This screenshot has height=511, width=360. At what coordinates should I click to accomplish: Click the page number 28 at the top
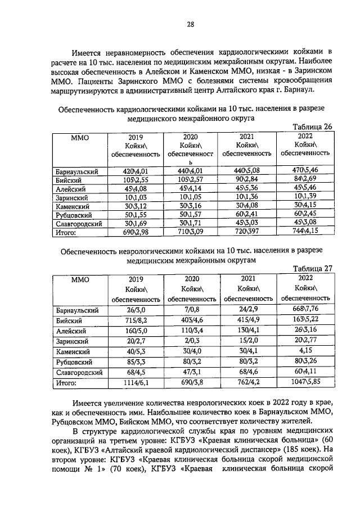click(190, 24)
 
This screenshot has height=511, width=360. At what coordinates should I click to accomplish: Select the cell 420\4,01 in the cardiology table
click(136, 171)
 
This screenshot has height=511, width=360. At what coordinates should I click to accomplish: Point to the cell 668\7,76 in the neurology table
click(305, 309)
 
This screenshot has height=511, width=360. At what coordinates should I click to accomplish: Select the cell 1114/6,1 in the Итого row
click(136, 383)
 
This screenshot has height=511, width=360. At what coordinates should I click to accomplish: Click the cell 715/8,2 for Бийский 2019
click(136, 319)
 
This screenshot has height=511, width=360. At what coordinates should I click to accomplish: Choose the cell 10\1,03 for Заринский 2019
click(136, 197)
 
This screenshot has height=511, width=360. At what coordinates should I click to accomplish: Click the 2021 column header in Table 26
click(247, 137)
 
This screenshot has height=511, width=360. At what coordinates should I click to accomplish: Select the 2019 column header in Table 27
click(136, 278)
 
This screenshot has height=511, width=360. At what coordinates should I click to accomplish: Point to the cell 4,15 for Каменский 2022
click(305, 351)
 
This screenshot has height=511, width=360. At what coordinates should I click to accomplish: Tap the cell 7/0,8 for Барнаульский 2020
click(192, 310)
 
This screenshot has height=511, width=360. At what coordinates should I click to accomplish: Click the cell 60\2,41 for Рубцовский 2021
click(247, 215)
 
